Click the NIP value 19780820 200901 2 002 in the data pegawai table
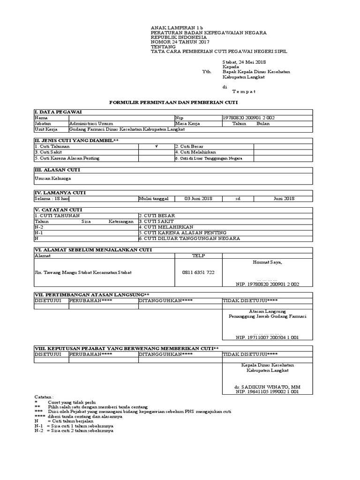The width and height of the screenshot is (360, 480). (249, 118)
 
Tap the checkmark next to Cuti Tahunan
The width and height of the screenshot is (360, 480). (157, 147)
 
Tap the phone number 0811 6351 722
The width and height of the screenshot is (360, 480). (198, 272)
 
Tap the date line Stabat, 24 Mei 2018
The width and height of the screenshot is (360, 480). (244, 61)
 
